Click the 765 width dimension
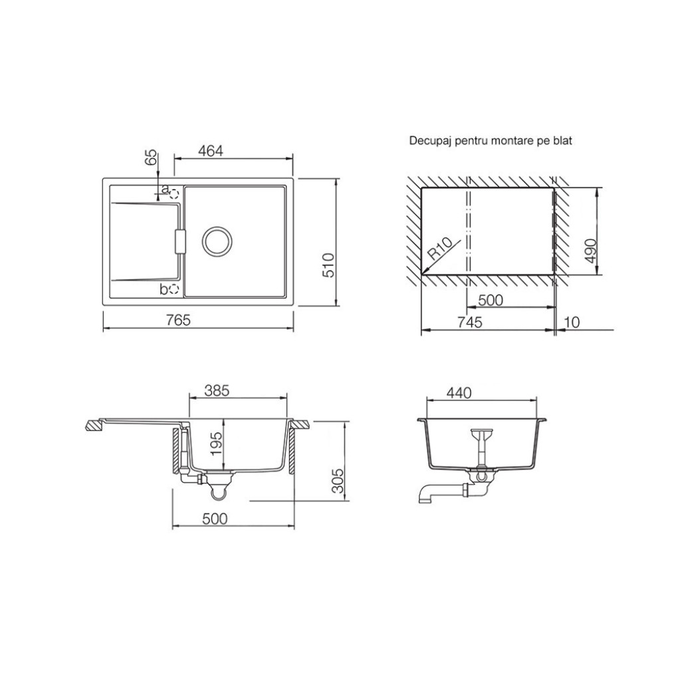pyautogui.click(x=178, y=320)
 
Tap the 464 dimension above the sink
pyautogui.click(x=211, y=150)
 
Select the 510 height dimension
pyautogui.click(x=328, y=265)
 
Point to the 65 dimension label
pyautogui.click(x=150, y=157)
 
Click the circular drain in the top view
pyautogui.click(x=217, y=241)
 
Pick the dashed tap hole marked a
pyautogui.click(x=174, y=193)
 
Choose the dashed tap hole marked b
pyautogui.click(x=174, y=289)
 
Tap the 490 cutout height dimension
pyautogui.click(x=590, y=251)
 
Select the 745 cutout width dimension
pyautogui.click(x=470, y=323)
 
